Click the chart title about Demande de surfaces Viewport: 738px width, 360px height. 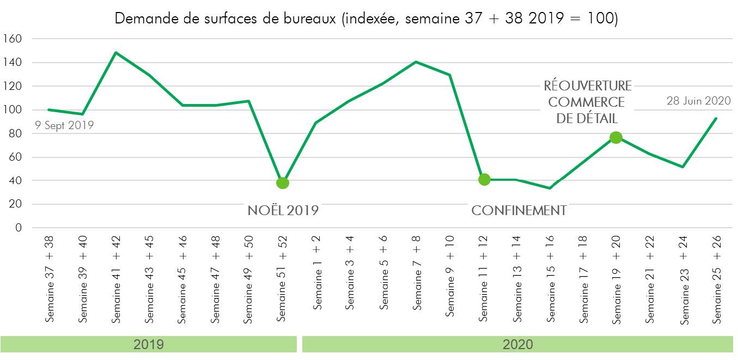pyautogui.click(x=366, y=19)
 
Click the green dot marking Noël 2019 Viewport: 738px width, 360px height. pyautogui.click(x=282, y=183)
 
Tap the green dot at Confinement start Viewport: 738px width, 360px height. pyautogui.click(x=484, y=179)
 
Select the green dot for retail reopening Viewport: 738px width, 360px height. pyautogui.click(x=616, y=137)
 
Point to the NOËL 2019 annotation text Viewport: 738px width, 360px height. pyautogui.click(x=283, y=211)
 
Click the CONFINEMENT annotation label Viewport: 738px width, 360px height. pyautogui.click(x=519, y=211)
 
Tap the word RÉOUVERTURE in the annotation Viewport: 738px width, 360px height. pyautogui.click(x=588, y=86)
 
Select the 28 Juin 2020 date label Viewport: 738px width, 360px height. pyautogui.click(x=699, y=101)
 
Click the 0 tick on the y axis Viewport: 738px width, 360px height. pyautogui.click(x=19, y=228)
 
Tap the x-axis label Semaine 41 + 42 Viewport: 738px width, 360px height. pyautogui.click(x=116, y=280)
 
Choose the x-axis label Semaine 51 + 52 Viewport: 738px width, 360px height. pyautogui.click(x=282, y=278)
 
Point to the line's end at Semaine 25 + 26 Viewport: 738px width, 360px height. pyautogui.click(x=716, y=118)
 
